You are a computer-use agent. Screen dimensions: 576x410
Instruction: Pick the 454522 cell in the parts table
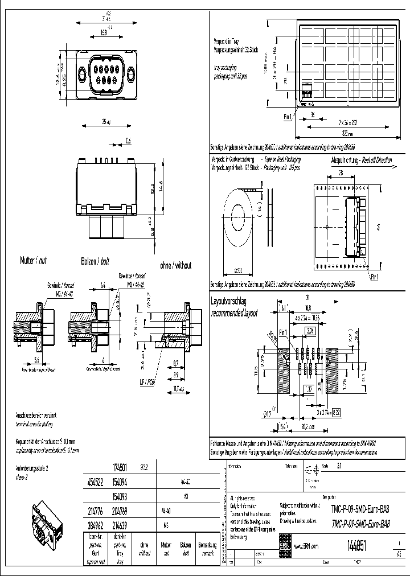click(x=95, y=481)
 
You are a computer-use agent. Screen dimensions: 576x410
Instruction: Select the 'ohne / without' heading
click(x=175, y=265)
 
